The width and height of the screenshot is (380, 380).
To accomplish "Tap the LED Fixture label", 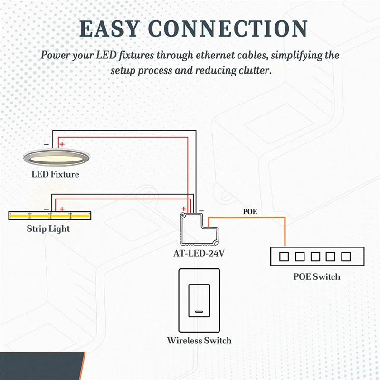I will point(55,174).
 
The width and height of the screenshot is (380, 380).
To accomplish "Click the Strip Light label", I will point(48,229).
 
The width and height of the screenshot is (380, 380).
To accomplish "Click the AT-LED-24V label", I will point(199,253).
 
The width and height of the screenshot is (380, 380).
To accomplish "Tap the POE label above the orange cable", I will point(250,212).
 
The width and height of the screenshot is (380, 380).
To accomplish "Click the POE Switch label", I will point(317,276).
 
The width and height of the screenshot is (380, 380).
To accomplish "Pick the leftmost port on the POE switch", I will point(284,257).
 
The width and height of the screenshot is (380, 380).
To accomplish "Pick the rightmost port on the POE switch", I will point(346,257).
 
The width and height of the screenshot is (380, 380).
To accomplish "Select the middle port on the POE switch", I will point(315,257).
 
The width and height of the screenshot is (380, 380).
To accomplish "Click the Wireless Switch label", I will point(199,341).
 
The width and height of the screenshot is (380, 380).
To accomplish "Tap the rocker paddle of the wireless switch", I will point(199,301).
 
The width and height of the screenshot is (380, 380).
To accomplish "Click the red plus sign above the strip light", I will point(62,208).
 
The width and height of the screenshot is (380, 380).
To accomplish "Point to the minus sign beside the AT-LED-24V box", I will point(201,210).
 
